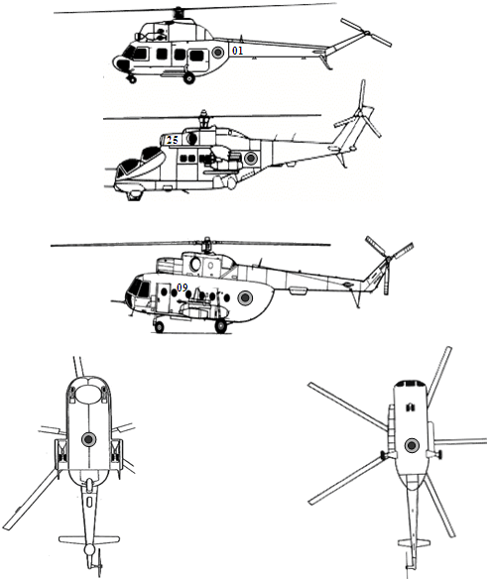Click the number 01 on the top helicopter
pyautogui.click(x=237, y=51)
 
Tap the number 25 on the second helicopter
pyautogui.click(x=173, y=140)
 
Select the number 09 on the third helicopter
pyautogui.click(x=183, y=288)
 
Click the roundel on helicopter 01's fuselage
pyautogui.click(x=218, y=53)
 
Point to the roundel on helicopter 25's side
pyautogui.click(x=251, y=159)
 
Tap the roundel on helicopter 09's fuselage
pyautogui.click(x=245, y=297)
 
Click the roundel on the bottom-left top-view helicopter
pyautogui.click(x=88, y=439)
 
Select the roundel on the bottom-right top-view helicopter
pyautogui.click(x=412, y=446)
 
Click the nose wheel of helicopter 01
pyautogui.click(x=132, y=79)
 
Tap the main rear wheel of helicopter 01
pyautogui.click(x=189, y=78)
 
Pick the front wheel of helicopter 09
pyautogui.click(x=159, y=327)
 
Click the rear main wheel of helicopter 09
pyautogui.click(x=221, y=326)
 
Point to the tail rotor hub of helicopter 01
pyautogui.click(x=367, y=34)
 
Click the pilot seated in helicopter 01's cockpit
pyautogui.click(x=160, y=35)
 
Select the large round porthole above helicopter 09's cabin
pyautogui.click(x=195, y=264)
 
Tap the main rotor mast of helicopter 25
pyautogui.click(x=203, y=119)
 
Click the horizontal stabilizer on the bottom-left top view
pyautogui.click(x=89, y=539)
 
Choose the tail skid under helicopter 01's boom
pyautogui.click(x=326, y=61)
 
